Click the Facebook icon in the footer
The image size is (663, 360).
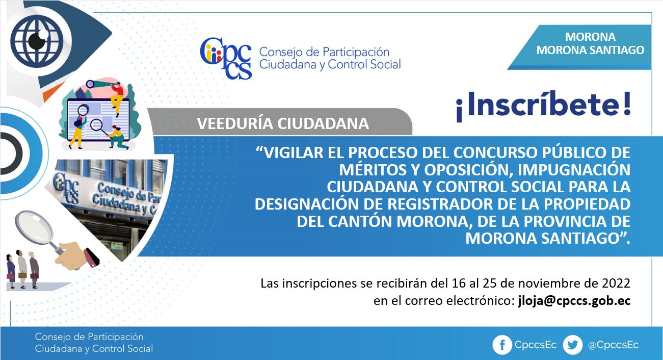coord(502,345)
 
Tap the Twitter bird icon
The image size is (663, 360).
coord(573,345)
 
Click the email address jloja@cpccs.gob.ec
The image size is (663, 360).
coord(574,301)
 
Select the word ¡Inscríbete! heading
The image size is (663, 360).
coord(543,106)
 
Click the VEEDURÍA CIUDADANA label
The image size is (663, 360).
coord(283,124)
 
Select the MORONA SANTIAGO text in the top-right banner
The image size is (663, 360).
coord(590,50)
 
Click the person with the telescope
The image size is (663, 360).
coord(117,98)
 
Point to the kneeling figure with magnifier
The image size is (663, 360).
coord(118,137)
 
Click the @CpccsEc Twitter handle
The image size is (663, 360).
coord(613,345)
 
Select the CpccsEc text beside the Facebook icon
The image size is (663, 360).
coord(536,345)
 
